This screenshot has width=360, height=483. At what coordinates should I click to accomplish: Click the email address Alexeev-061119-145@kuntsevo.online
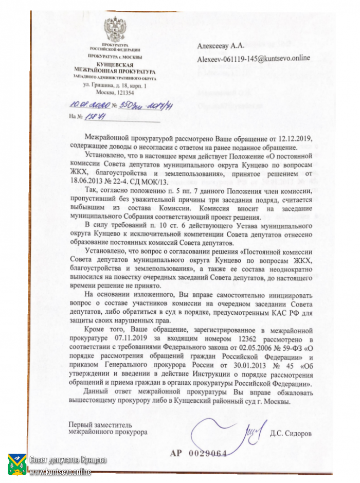pos(254,58)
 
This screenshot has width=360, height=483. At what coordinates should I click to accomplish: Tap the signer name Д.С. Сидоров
pos(291,434)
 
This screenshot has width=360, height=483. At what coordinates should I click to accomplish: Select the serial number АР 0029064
pos(199,453)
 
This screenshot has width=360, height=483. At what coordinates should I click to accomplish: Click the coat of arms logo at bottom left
pos(16,464)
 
